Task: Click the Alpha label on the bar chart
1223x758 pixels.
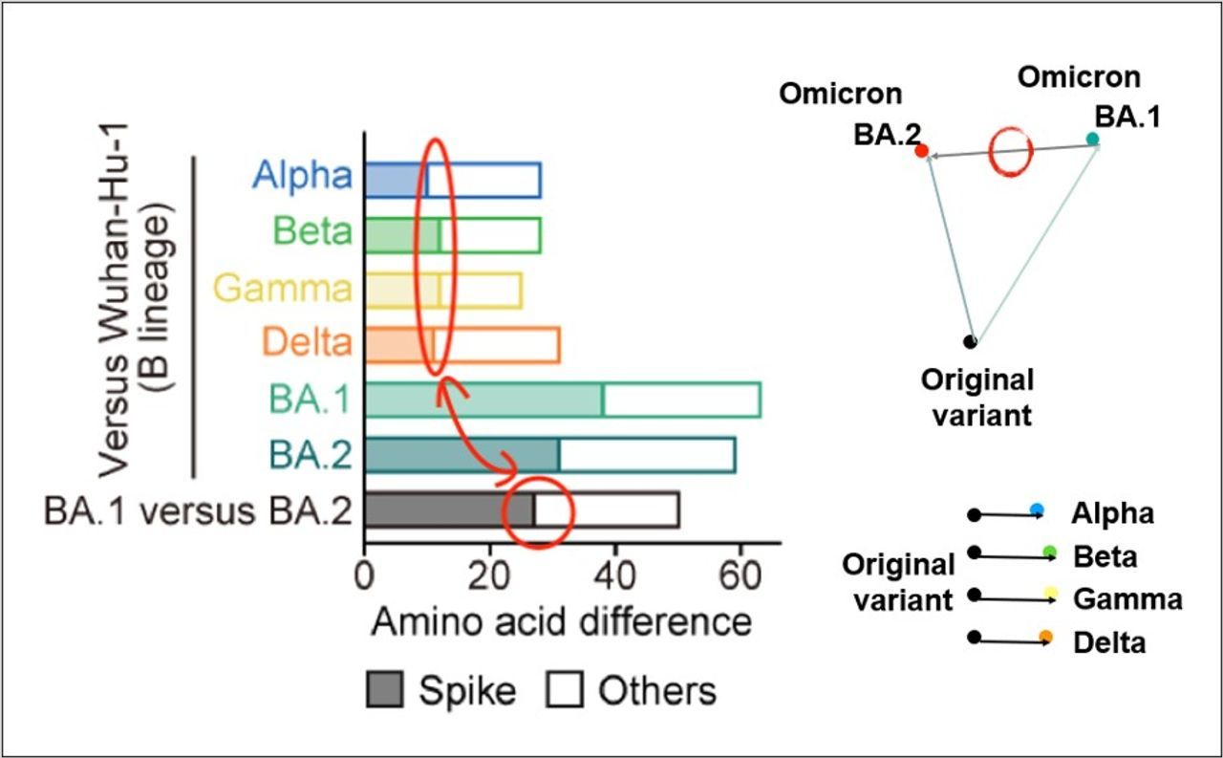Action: [302, 176]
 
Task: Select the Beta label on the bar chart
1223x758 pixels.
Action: [311, 231]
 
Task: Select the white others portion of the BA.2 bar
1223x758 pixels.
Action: [647, 454]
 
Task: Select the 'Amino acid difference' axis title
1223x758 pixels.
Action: [561, 622]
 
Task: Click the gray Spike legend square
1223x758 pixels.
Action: [385, 689]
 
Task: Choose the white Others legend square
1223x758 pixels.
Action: [564, 689]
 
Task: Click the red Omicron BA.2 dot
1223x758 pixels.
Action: [921, 151]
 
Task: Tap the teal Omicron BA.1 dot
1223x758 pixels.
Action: [1092, 140]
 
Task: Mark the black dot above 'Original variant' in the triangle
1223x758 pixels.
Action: [971, 340]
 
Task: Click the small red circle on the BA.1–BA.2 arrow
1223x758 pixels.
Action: [1010, 151]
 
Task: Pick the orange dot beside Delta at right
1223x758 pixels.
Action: [1046, 637]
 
